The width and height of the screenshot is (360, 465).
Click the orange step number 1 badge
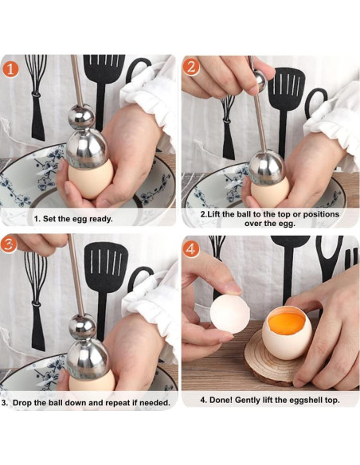pyautogui.click(x=10, y=68)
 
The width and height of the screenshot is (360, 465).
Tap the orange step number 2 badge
pyautogui.click(x=191, y=68)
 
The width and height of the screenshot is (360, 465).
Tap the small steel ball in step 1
pyautogui.click(x=80, y=116)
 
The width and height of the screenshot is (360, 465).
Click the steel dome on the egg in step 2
pyautogui.click(x=266, y=168)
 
